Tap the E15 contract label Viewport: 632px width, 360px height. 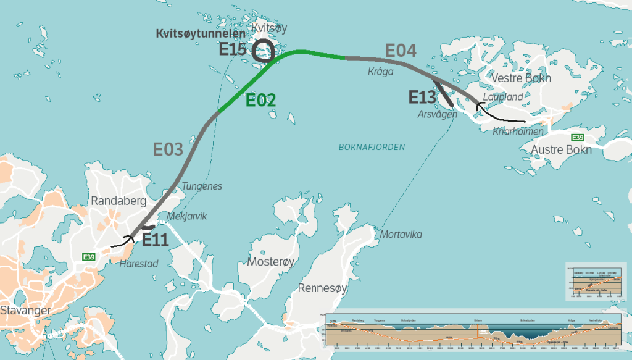(x=233, y=49)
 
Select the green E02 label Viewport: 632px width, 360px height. (x=260, y=100)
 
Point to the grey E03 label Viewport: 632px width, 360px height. (x=168, y=149)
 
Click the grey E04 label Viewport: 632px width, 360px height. (x=401, y=51)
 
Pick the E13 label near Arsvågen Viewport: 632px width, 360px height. (x=423, y=97)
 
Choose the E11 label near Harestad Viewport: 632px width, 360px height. (x=155, y=240)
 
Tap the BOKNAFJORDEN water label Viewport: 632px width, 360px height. (x=372, y=147)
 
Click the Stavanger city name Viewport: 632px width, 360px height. (x=25, y=310)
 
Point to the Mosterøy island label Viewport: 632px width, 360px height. (x=271, y=261)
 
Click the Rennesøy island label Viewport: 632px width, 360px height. (x=323, y=288)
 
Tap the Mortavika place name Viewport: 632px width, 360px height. (x=401, y=235)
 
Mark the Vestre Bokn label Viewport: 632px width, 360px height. (x=521, y=78)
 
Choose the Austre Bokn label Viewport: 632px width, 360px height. (x=561, y=149)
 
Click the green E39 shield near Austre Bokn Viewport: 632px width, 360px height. (x=577, y=138)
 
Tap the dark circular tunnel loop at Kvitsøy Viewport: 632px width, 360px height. (x=264, y=51)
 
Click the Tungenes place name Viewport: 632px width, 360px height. (x=202, y=186)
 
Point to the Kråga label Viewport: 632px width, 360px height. (x=380, y=72)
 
